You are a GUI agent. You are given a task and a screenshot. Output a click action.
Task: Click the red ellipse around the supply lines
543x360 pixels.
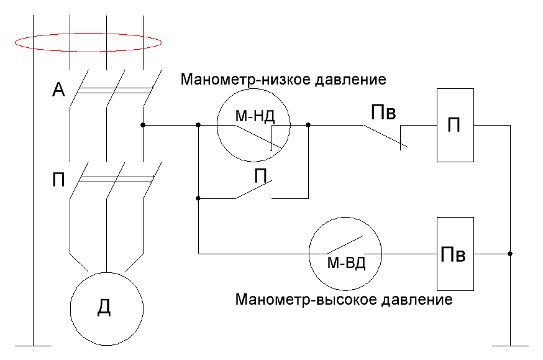(88, 34)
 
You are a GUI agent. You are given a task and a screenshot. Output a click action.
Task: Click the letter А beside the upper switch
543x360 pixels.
(58, 90)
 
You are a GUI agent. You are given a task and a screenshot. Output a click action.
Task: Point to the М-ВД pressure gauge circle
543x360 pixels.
(345, 218)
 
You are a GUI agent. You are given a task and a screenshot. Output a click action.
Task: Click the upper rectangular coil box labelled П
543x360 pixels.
(437, 125)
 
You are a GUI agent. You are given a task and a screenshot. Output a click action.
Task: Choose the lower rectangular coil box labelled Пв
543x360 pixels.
(437, 254)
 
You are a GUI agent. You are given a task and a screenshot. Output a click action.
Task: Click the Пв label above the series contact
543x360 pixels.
(383, 113)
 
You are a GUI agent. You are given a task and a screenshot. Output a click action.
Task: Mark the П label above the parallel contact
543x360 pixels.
(260, 176)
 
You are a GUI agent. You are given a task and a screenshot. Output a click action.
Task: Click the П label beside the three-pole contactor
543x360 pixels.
(58, 180)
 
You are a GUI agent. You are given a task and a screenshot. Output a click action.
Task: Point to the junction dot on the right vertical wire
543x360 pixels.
(510, 254)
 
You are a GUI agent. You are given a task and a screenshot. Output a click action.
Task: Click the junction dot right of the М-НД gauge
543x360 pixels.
(308, 125)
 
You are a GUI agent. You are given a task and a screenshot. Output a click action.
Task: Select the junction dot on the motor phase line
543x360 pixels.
(143, 125)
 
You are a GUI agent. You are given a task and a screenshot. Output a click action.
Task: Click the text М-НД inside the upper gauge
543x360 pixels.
(255, 116)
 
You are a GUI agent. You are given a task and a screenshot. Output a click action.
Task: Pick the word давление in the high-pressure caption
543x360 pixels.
(417, 299)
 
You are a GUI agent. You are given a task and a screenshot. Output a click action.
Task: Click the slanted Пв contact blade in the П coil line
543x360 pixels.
(385, 136)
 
